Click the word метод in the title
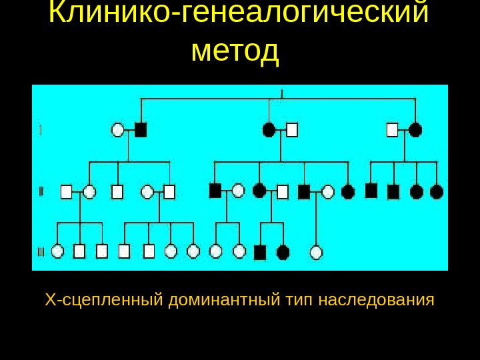click(235, 51)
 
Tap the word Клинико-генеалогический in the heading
click(239, 13)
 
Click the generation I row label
click(41, 130)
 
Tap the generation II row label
click(41, 192)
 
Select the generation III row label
click(41, 252)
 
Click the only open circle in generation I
click(118, 130)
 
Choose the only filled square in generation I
click(141, 129)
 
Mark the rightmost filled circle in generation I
click(415, 129)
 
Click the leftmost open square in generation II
click(66, 192)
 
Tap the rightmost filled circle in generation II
click(437, 192)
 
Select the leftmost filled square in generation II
click(215, 191)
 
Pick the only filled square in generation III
click(260, 252)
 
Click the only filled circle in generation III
click(283, 252)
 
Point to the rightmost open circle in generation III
click(317, 252)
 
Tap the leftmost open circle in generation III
click(57, 251)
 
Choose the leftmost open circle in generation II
click(89, 192)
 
